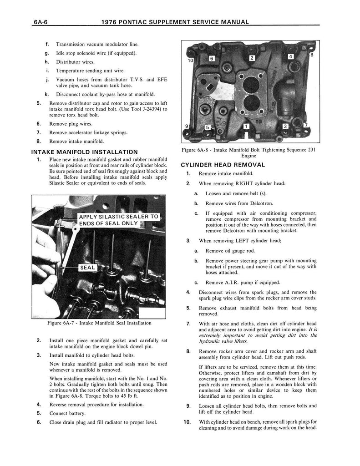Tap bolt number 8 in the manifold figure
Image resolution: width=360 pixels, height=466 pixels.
(311, 55)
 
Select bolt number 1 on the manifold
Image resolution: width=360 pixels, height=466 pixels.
(246, 127)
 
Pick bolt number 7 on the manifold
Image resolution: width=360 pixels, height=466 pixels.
(306, 125)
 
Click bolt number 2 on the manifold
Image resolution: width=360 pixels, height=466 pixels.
(252, 58)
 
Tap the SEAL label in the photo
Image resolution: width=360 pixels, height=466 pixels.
(87, 268)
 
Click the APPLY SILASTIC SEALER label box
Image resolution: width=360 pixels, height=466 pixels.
(118, 220)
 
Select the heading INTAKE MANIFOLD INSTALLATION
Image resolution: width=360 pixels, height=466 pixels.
(84, 152)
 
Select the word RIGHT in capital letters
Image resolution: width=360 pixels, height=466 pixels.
(248, 183)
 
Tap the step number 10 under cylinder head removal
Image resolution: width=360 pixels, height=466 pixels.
(187, 422)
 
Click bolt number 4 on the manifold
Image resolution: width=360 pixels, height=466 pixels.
(291, 56)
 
